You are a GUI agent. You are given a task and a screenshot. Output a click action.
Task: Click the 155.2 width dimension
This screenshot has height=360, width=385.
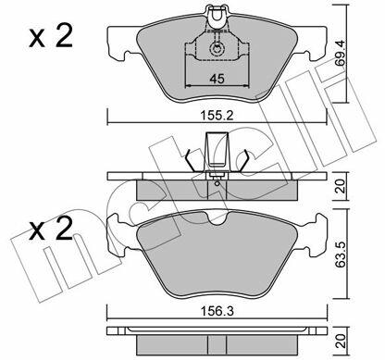click(217, 116)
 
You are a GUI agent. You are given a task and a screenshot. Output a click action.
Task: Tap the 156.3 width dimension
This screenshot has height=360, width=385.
click(217, 311)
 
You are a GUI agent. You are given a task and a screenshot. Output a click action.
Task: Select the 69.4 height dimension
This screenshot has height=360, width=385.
click(340, 53)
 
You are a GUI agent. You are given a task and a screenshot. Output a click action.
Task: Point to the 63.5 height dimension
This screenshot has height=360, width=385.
click(341, 254)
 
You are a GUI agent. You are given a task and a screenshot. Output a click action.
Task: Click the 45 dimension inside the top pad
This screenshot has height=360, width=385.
click(217, 79)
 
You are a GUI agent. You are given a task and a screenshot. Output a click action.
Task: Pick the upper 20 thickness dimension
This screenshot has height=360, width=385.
click(341, 187)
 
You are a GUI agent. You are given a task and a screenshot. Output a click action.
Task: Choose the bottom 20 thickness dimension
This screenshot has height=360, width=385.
click(341, 341)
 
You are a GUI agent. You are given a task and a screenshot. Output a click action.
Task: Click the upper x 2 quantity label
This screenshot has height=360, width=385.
click(51, 36)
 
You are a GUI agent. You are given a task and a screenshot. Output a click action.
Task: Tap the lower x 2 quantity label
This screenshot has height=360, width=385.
click(51, 229)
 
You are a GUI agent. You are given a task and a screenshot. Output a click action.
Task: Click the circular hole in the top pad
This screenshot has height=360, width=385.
click(217, 48)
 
